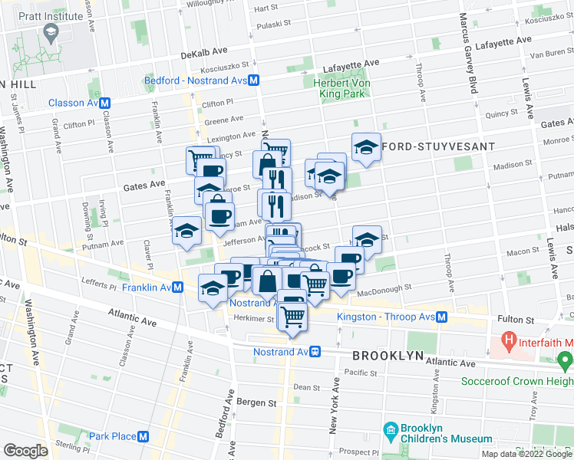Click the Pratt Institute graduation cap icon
(51, 32)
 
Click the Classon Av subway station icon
(105, 103)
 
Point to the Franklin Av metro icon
(178, 287)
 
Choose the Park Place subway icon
(143, 436)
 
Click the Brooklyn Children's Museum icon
(391, 429)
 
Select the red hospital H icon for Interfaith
(507, 338)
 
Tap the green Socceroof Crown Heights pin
(566, 359)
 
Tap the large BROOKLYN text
(388, 356)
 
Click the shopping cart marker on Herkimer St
(292, 315)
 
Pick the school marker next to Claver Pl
(186, 231)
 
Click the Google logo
(25, 450)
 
